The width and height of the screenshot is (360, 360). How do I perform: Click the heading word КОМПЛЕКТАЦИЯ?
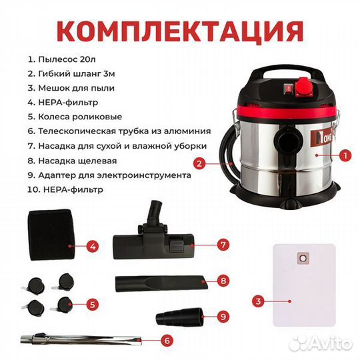click(179, 29)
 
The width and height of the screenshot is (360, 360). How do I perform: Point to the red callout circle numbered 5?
click(93, 305)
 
